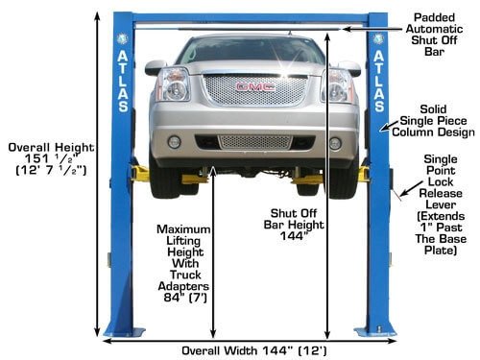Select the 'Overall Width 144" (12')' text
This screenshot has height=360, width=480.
pyautogui.click(x=251, y=350)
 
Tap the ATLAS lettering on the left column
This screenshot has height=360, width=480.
pyautogui.click(x=122, y=83)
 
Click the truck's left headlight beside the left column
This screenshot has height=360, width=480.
pyautogui.click(x=175, y=84)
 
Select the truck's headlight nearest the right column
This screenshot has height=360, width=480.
pyautogui.click(x=337, y=84)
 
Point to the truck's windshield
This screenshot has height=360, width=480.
pyautogui.click(x=254, y=50)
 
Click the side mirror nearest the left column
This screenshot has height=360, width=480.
pyautogui.click(x=156, y=67)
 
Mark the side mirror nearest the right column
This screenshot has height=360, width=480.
pyautogui.click(x=352, y=67)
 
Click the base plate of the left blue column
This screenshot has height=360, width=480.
pyautogui.click(x=124, y=332)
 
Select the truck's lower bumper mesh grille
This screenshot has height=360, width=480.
pyautogui.click(x=254, y=142)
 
